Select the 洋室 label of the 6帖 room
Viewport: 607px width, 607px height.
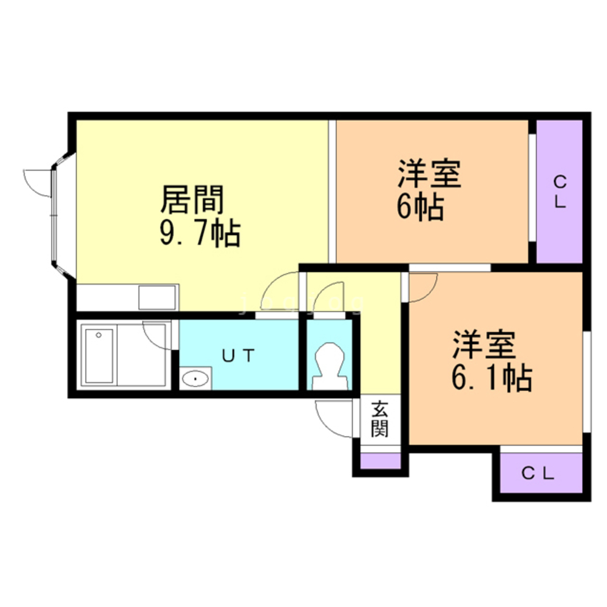click(429, 175)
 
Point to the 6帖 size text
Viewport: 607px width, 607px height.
click(420, 208)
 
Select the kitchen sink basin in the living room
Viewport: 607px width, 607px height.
click(157, 297)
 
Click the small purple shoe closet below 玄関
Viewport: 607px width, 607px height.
click(381, 461)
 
